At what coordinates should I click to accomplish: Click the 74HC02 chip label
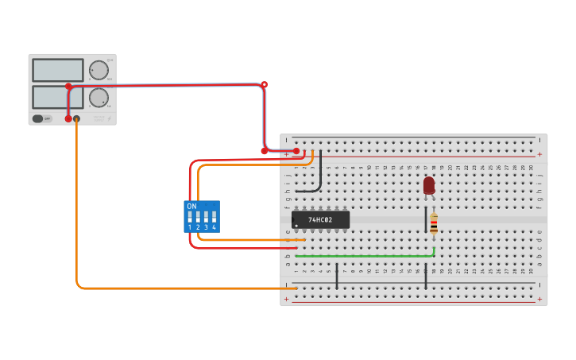point(320,219)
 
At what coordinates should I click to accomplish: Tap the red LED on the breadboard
point(429,185)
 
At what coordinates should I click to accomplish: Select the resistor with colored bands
point(434,223)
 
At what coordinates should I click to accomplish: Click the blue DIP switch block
point(202,216)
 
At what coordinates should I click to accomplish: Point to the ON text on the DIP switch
point(191,206)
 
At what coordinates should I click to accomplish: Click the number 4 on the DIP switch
point(214,228)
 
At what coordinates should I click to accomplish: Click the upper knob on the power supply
point(99,70)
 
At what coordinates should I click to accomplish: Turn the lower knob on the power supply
point(99,98)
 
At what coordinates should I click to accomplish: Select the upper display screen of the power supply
point(58,70)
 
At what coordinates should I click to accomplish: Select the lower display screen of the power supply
point(58,97)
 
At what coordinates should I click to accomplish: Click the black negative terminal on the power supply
point(76,119)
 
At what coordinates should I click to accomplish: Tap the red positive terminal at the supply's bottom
point(68,119)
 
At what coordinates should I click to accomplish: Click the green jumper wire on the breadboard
point(365,256)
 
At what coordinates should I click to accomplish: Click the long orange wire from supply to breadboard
point(78,238)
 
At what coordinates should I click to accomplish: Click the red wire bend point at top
point(265,84)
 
